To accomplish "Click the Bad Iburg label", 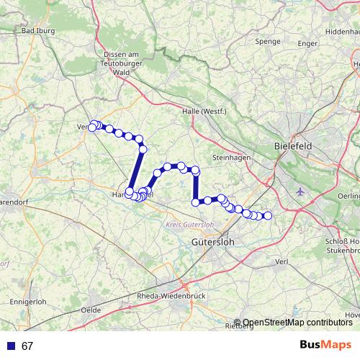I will pos(39,31).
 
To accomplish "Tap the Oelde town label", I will pos(91,309).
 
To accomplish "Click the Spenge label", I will pos(267,42).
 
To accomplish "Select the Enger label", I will pos(307,44).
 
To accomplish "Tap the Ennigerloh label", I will pos(29,300).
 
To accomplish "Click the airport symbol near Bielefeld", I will pos(300,192).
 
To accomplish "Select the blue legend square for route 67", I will pos(11,346).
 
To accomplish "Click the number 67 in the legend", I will pos(27,346).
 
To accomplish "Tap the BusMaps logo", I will pos(325,345).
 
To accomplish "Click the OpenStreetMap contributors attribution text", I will pos(297,323).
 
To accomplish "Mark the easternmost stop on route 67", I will pos(268,215).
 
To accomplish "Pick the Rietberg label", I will pos(240,326).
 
